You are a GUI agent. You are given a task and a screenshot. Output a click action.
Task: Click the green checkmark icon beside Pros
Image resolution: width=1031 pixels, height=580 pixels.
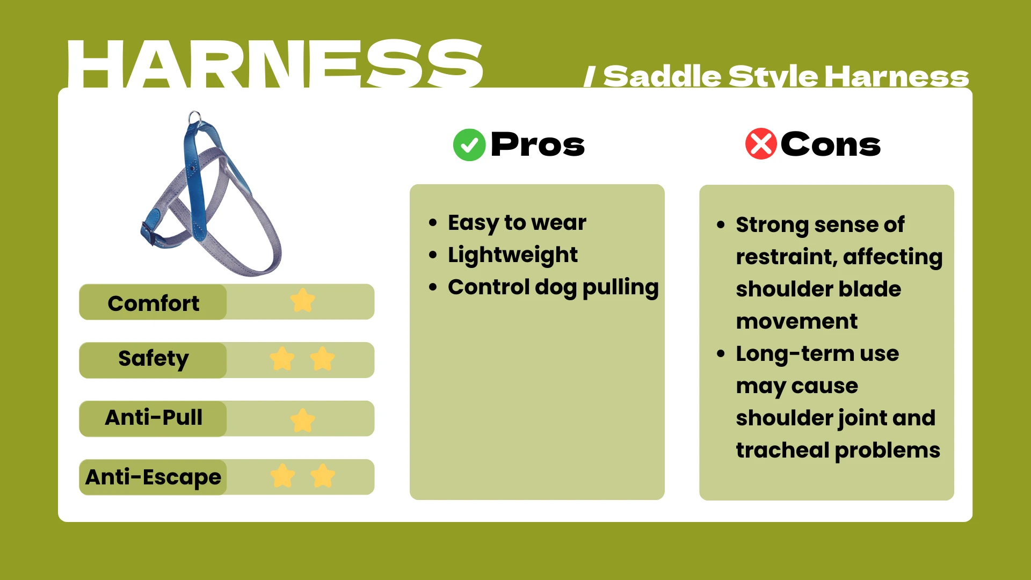(x=469, y=145)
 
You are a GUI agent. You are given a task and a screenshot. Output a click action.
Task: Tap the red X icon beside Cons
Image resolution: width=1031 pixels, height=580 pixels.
(x=760, y=144)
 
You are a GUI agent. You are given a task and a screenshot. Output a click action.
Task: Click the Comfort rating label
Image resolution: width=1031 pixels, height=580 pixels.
(x=153, y=303)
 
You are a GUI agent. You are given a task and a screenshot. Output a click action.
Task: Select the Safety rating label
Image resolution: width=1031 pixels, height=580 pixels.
(x=153, y=359)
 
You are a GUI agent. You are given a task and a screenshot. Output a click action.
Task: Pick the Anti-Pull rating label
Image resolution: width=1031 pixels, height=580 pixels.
(x=154, y=418)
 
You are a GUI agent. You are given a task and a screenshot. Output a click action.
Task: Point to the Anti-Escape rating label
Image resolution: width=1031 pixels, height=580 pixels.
(x=153, y=477)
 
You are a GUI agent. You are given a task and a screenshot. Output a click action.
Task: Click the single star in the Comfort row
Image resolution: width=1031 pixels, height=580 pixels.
(x=303, y=301)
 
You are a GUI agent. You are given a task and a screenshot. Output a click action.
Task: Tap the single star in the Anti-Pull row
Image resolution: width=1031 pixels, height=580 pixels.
(x=303, y=420)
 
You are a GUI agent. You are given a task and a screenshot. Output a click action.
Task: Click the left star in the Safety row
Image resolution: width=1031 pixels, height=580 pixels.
(x=282, y=359)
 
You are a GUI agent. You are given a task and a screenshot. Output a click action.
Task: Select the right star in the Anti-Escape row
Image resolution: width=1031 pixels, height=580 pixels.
(x=323, y=476)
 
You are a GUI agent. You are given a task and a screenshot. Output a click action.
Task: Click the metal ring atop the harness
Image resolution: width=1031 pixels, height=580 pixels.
(x=194, y=117)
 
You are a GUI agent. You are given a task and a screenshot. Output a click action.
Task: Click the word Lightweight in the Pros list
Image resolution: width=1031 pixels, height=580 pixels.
(x=513, y=255)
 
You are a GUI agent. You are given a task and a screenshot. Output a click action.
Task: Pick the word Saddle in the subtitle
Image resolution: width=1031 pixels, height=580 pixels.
(x=662, y=77)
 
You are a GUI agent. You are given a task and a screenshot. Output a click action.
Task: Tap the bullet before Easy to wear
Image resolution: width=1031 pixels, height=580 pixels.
(x=433, y=223)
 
